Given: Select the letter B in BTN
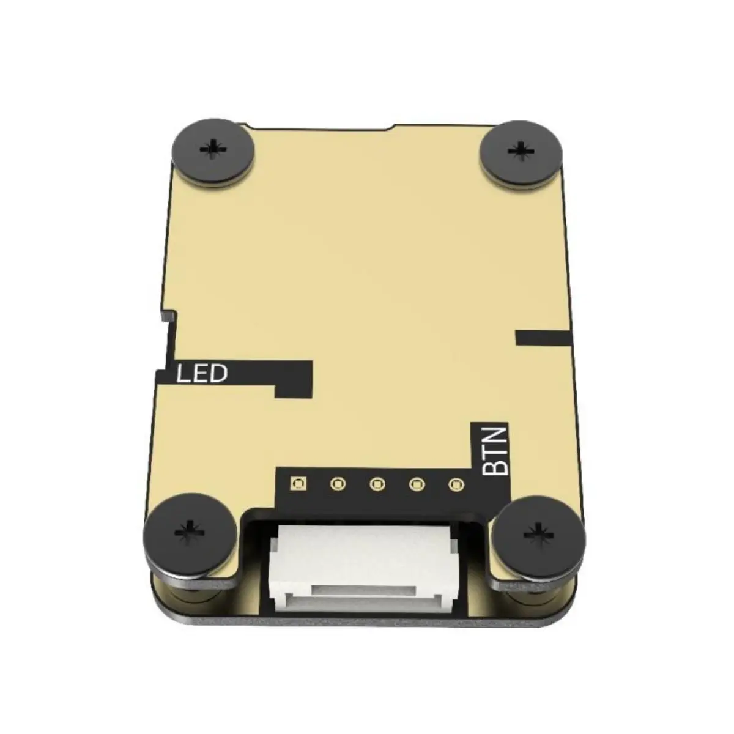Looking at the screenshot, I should coord(495,468).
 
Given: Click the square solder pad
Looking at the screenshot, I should coord(298,484).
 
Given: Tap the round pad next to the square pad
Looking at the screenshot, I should coord(337,484).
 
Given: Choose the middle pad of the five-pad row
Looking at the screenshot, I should coord(377,484).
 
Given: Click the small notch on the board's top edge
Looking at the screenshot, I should coord(392,128).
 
